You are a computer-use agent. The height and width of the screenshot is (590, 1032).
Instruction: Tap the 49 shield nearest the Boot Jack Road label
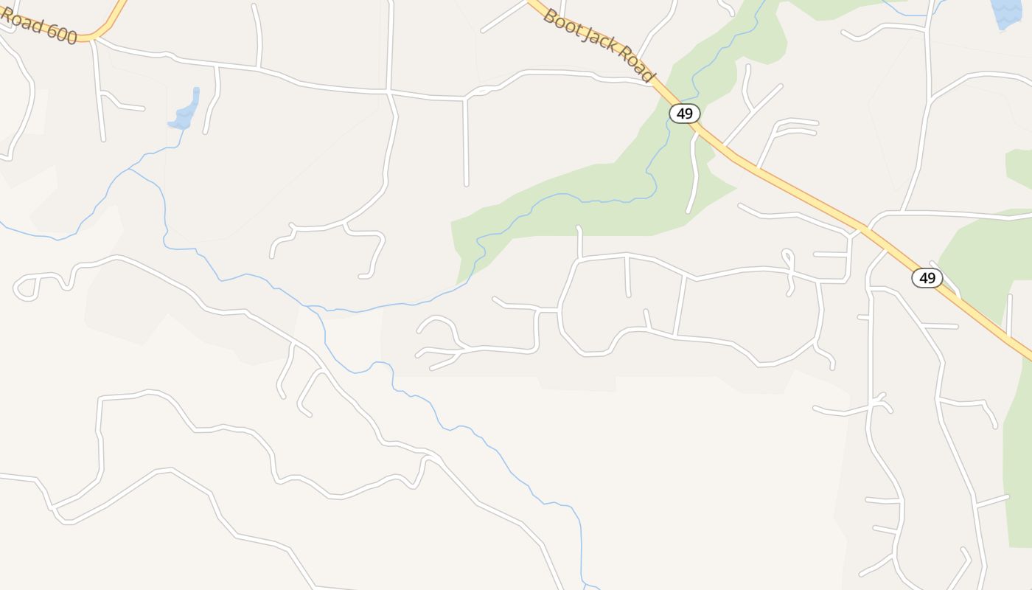tap(684, 114)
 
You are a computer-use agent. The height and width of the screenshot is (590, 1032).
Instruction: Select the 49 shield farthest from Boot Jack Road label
tap(927, 278)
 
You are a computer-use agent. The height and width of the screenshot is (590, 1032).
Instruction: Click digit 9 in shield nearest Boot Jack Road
tap(689, 114)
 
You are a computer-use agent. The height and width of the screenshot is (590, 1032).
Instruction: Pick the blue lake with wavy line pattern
tap(1007, 13)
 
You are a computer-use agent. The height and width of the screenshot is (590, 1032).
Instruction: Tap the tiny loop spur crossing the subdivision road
tap(788, 257)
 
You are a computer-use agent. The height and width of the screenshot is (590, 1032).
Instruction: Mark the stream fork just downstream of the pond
tap(130, 169)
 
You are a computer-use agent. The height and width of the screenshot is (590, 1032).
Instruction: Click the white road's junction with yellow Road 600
tap(94, 38)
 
